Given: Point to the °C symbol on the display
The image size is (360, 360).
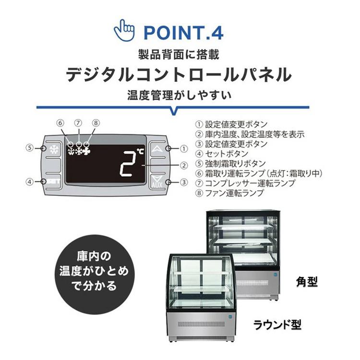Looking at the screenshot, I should [140, 152].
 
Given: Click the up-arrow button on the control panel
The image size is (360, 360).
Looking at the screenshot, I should [156, 149].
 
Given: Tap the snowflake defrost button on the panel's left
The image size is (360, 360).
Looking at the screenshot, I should [53, 149].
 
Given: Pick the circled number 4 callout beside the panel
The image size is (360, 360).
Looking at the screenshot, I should [30, 181].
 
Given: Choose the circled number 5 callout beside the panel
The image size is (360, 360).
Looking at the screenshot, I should [30, 148].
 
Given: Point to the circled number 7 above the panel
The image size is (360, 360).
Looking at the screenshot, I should [78, 123].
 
